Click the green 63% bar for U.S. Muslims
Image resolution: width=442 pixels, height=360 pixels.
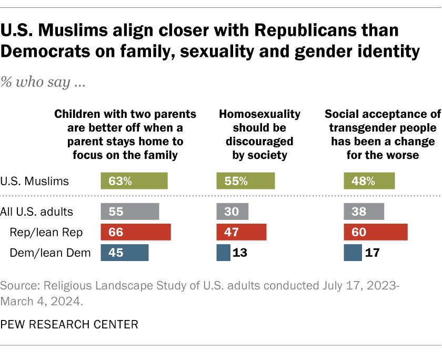tap(134, 181)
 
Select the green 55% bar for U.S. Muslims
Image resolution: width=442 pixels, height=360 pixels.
tap(245, 181)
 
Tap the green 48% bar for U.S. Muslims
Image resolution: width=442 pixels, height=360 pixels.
tap(369, 181)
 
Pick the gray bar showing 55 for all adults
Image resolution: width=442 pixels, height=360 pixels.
tap(129, 212)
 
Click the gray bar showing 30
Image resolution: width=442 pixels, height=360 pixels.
tap(232, 212)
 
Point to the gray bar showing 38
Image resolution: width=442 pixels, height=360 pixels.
tap(363, 212)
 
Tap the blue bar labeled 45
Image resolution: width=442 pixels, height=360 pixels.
tap(124, 253)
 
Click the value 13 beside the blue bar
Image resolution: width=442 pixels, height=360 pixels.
tap(240, 253)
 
